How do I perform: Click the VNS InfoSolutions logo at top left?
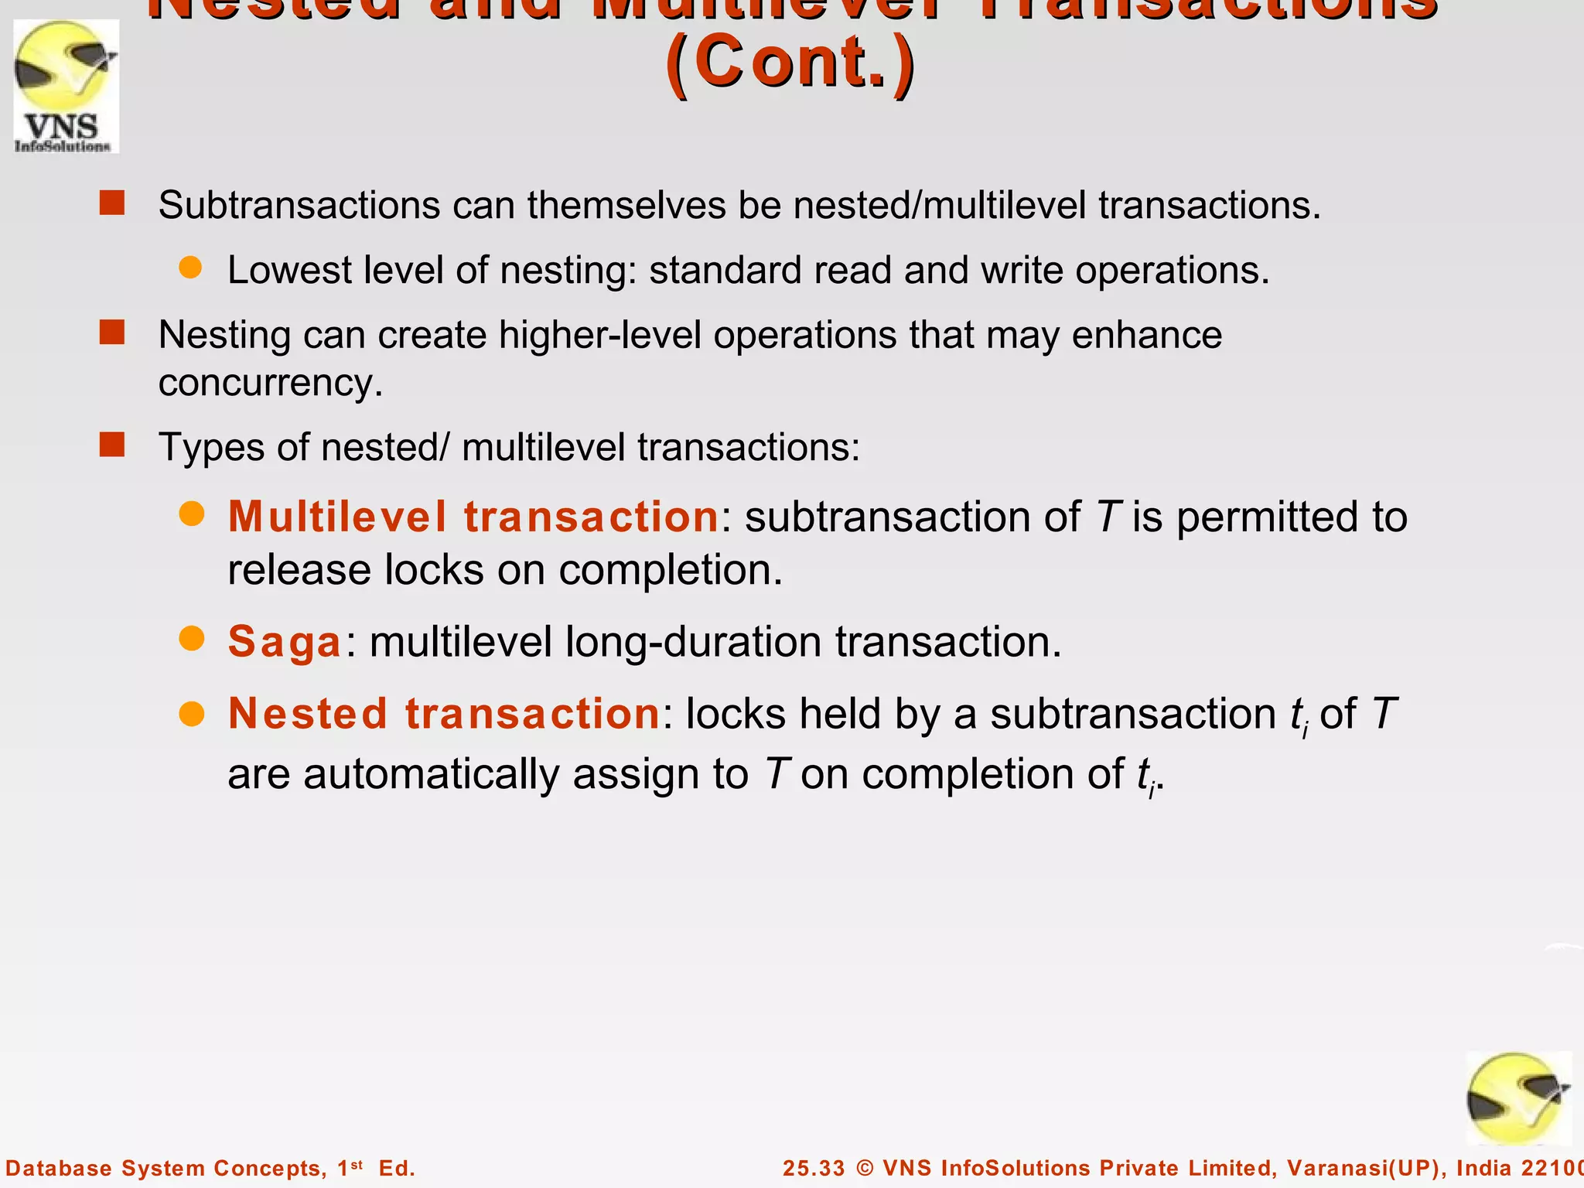pyautogui.click(x=66, y=86)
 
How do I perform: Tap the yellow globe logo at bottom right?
pyautogui.click(x=1518, y=1099)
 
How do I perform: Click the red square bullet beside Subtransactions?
pyautogui.click(x=112, y=203)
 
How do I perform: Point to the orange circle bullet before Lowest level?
pyautogui.click(x=190, y=268)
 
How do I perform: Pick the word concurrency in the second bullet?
pyautogui.click(x=270, y=383)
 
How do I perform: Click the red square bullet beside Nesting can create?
pyautogui.click(x=112, y=333)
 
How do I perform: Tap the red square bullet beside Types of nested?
pyautogui.click(x=112, y=445)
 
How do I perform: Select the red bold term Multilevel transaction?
pyautogui.click(x=473, y=517)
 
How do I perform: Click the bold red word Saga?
pyautogui.click(x=285, y=642)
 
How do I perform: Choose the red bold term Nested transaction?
pyautogui.click(x=444, y=713)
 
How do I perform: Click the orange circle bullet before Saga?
pyautogui.click(x=191, y=639)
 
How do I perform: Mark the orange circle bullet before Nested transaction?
pyautogui.click(x=191, y=713)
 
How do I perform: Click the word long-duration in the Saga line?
pyautogui.click(x=693, y=642)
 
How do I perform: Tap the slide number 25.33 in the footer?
pyautogui.click(x=814, y=1168)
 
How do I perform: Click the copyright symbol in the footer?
pyautogui.click(x=865, y=1168)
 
